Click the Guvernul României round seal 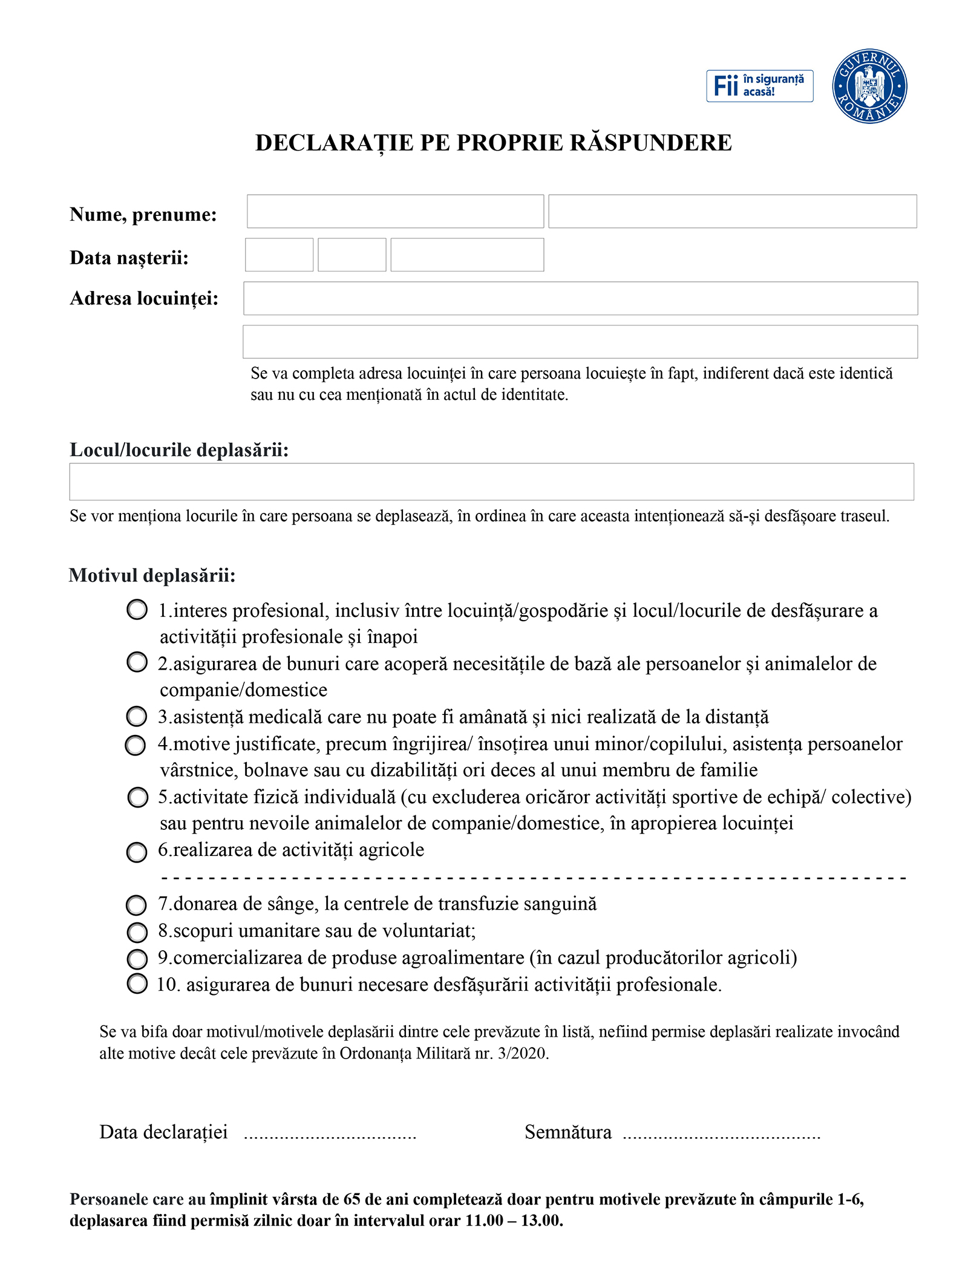pos(869,86)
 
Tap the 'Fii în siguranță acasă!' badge pos(759,86)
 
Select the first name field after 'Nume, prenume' pos(395,211)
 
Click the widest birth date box pos(467,255)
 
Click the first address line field pos(580,298)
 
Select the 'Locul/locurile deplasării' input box pos(491,481)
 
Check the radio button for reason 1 pos(137,609)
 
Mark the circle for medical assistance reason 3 pos(137,716)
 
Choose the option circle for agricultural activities pos(137,852)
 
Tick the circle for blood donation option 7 pos(136,905)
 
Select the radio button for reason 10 pos(137,983)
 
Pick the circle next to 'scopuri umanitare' pos(137,932)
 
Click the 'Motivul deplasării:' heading pos(152,575)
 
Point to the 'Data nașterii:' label pos(129,258)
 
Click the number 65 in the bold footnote pos(352,1199)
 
